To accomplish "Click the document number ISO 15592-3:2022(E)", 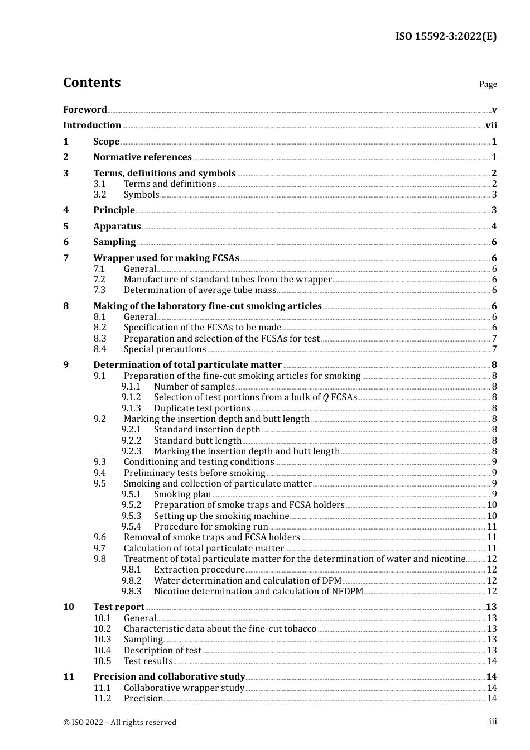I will coord(446,36).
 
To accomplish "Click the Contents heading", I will coord(91,83).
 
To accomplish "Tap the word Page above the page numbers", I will coord(488,84).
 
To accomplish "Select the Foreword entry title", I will coord(85,109).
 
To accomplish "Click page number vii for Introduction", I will coord(491,126).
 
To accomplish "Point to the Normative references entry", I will coord(142,157).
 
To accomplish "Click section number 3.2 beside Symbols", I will coord(100,195).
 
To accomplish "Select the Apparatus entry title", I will coord(117,227).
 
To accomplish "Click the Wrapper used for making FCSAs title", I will coord(166,258).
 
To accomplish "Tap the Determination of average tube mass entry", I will coord(200,290).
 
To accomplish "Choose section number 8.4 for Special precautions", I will coord(100,349).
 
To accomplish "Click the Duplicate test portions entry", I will coord(202,408).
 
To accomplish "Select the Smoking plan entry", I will coord(182,494).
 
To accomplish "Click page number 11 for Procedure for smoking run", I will coord(492,527).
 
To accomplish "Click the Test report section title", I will coord(118,607).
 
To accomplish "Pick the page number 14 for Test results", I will coord(492,661).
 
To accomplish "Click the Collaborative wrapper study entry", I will coord(184,688).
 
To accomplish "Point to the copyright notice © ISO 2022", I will coord(119,722).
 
